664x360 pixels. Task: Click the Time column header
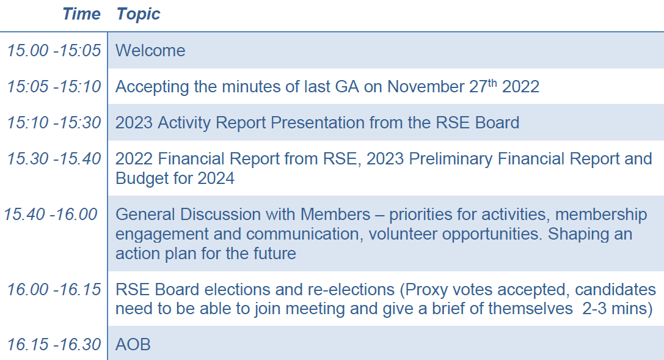click(81, 14)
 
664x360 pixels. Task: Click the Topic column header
click(139, 15)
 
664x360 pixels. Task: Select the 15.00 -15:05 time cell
click(54, 50)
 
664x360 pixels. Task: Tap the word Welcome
click(150, 51)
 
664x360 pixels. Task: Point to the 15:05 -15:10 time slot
click(54, 86)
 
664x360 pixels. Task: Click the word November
click(426, 87)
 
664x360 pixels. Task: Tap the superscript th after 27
click(492, 83)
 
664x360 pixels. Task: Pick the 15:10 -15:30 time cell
click(54, 122)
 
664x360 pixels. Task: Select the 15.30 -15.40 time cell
click(54, 158)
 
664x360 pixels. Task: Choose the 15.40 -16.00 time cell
click(50, 214)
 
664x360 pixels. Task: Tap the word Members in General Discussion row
click(335, 215)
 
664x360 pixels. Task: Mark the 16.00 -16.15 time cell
click(54, 289)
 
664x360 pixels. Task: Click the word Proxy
click(426, 290)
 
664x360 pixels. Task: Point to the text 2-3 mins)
click(618, 309)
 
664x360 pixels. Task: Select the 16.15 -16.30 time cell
click(54, 344)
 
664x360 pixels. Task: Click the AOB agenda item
click(133, 345)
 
